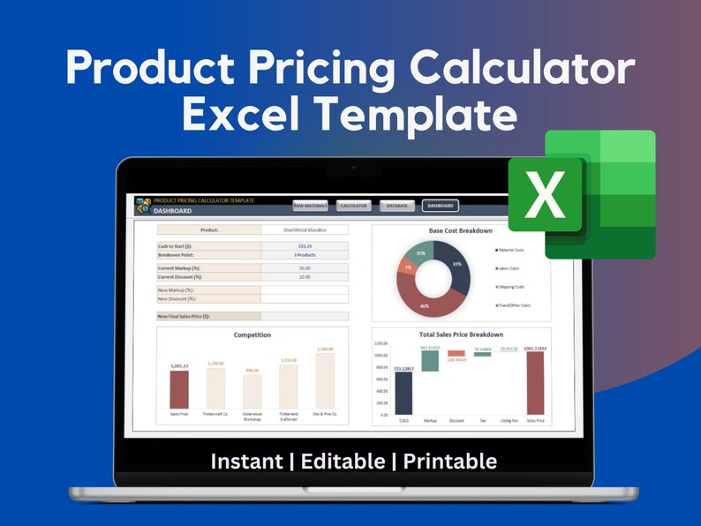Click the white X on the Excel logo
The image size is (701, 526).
pyautogui.click(x=545, y=197)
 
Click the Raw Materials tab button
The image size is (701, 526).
pyautogui.click(x=311, y=206)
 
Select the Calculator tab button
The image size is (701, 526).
pyautogui.click(x=354, y=206)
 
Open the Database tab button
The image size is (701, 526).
pyautogui.click(x=397, y=206)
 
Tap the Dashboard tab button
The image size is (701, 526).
pyautogui.click(x=441, y=206)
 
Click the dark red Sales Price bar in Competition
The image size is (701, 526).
pyautogui.click(x=179, y=389)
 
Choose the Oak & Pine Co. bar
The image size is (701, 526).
pyautogui.click(x=325, y=381)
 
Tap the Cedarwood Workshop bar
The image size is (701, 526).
pyautogui.click(x=253, y=391)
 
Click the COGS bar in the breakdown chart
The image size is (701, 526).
pyautogui.click(x=403, y=392)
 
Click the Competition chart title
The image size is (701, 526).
pyautogui.click(x=253, y=335)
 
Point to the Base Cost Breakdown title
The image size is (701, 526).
pyautogui.click(x=461, y=230)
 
